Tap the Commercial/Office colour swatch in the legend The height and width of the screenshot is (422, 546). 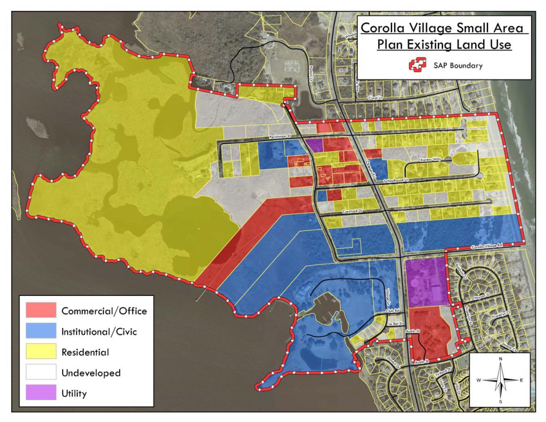tap(41, 310)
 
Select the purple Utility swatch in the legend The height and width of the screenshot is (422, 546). tap(41, 393)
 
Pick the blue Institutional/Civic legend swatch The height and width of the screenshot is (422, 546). tap(41, 331)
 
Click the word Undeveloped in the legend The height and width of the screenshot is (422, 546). tap(91, 373)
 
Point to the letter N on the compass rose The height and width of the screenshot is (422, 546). tap(500, 359)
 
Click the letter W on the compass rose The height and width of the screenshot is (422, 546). tap(479, 380)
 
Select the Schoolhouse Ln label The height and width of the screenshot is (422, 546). tap(397, 181)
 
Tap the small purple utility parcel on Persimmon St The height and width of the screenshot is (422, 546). tap(314, 146)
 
